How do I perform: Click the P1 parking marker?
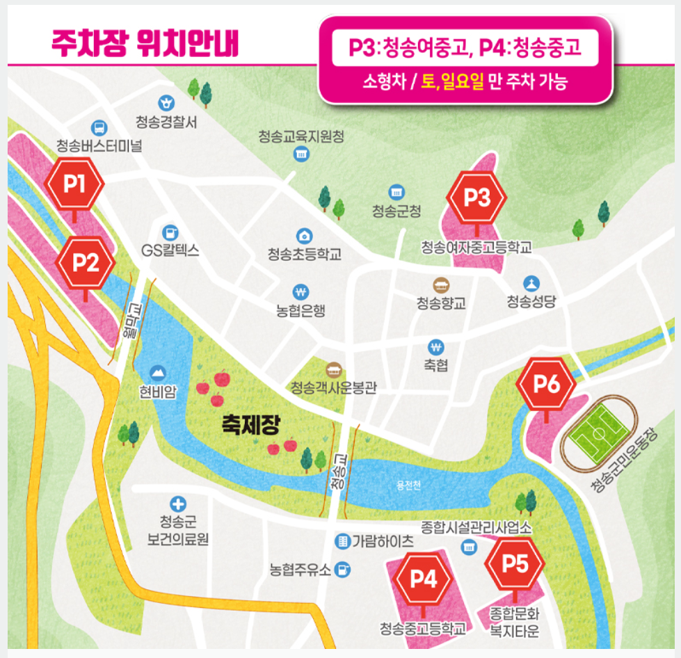pos(74,184)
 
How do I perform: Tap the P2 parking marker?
pos(85,262)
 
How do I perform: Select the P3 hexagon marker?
pos(477,198)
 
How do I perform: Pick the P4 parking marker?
pos(423,578)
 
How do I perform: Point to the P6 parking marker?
pos(547,385)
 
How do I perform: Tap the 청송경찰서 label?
pos(167,122)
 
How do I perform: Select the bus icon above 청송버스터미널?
pos(99,128)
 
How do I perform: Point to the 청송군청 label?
pos(396,211)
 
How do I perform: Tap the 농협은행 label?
pos(301,310)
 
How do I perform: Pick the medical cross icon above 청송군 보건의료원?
pos(178,503)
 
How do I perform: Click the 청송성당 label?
pos(531,300)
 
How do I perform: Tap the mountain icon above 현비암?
pos(158,373)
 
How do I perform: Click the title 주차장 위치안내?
pos(145,43)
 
